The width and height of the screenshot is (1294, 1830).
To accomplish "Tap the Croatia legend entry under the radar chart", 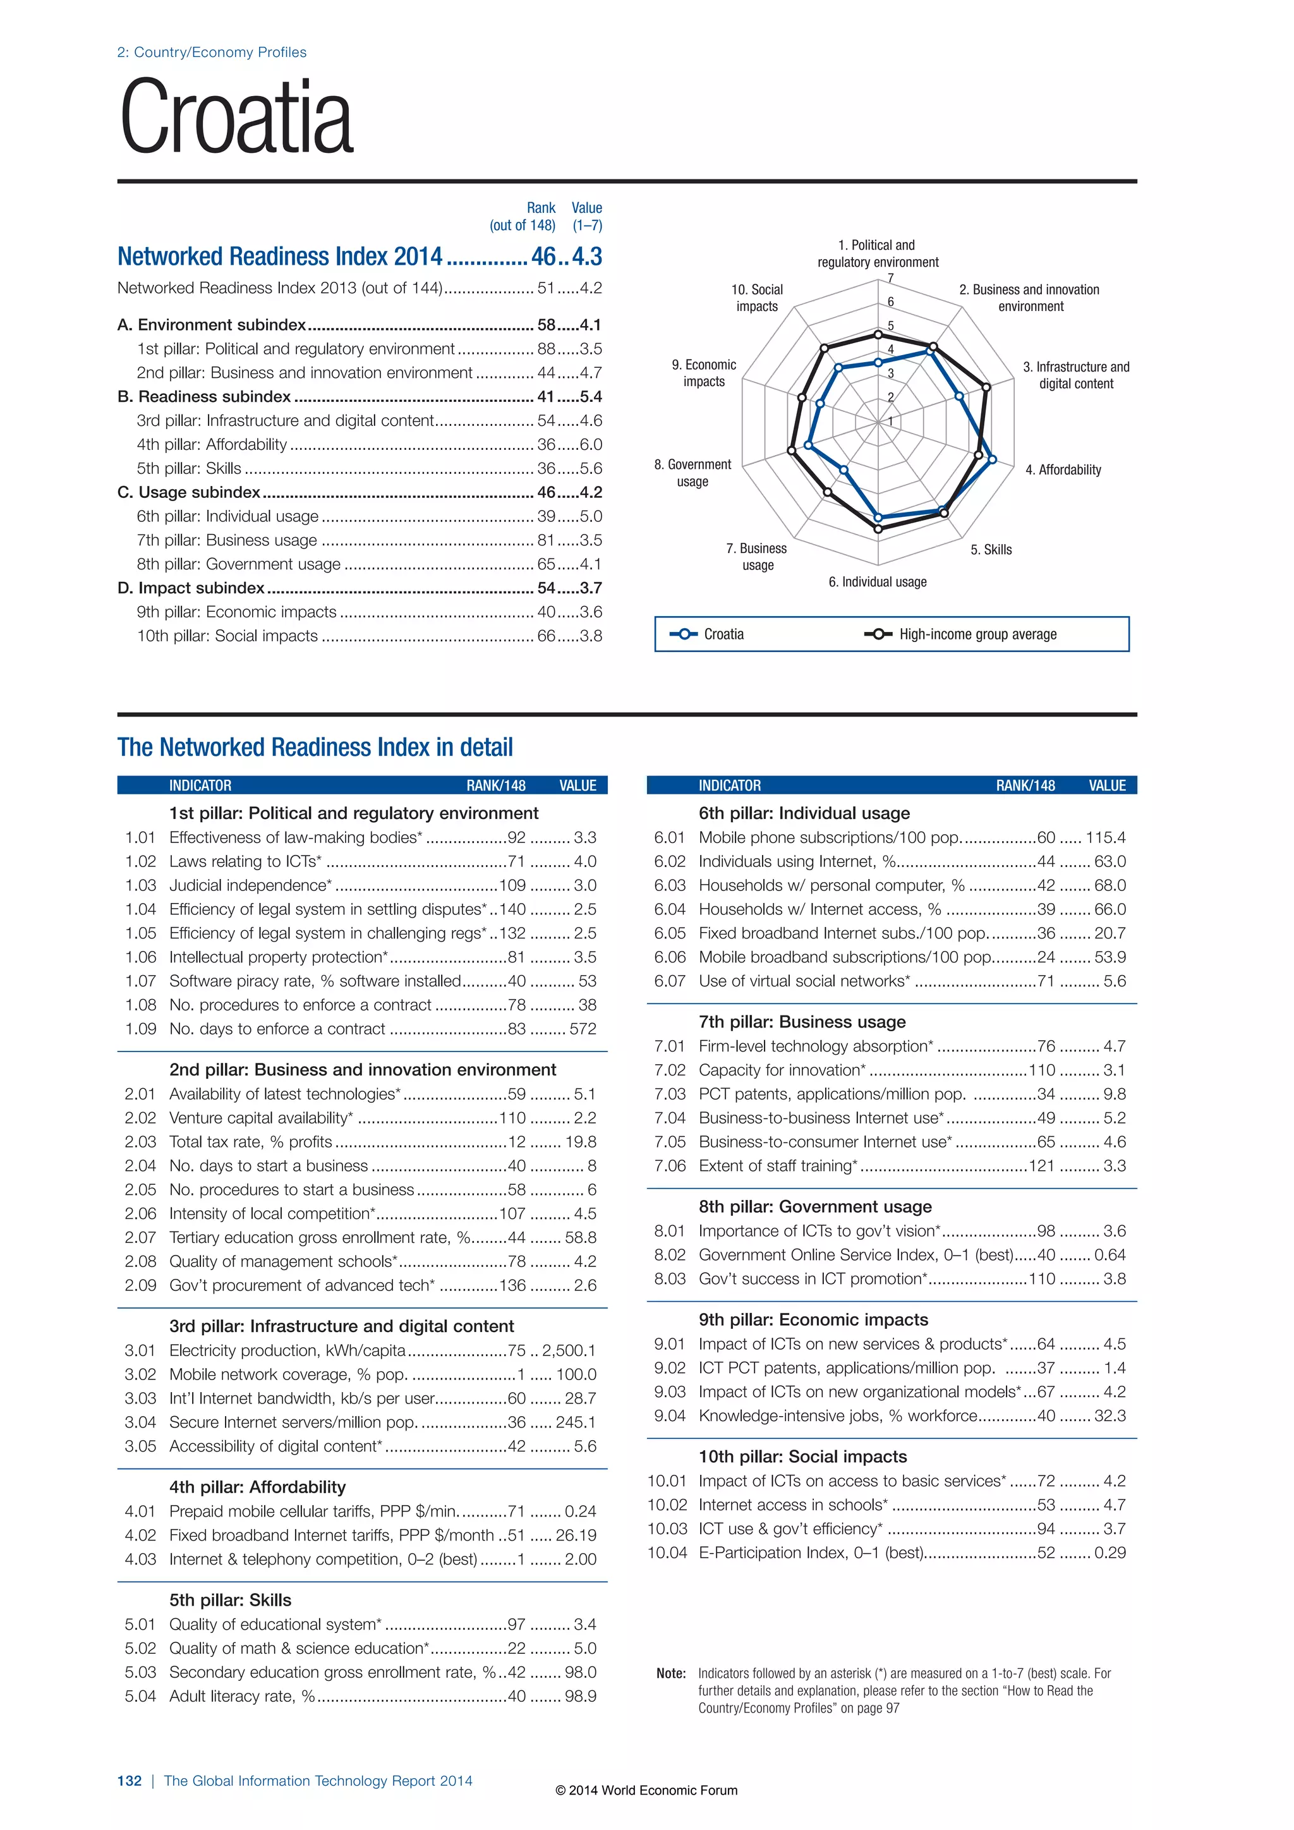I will [723, 634].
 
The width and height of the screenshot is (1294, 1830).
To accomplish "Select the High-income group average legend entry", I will [977, 634].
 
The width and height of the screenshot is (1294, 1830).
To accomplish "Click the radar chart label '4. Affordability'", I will [1063, 470].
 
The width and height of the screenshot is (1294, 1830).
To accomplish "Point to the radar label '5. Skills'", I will [991, 550].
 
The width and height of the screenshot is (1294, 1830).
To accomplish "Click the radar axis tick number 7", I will [891, 278].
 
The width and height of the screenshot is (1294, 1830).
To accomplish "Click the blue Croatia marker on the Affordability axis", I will [992, 459].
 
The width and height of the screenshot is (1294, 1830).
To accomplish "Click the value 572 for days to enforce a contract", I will [583, 1029].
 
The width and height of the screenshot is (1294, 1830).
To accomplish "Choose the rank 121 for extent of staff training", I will [1041, 1166].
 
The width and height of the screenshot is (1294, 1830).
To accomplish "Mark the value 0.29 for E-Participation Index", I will [1110, 1553].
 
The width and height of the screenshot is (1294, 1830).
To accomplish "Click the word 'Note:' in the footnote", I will [671, 1674].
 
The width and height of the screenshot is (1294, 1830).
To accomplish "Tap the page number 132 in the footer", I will [129, 1781].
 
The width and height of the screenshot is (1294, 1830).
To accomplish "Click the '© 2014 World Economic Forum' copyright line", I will [646, 1790].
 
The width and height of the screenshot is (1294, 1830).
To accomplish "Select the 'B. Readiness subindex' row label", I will [204, 397].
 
